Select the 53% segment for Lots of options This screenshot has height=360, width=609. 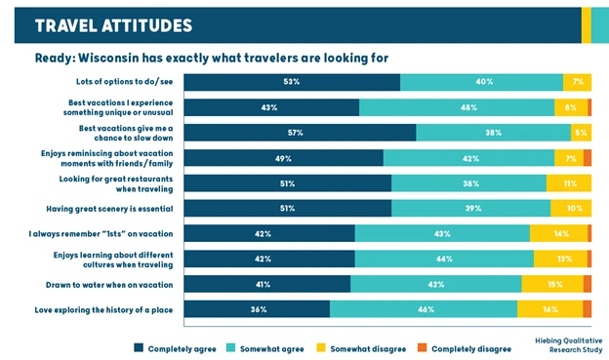pyautogui.click(x=292, y=82)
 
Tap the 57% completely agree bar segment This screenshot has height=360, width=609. pyautogui.click(x=300, y=132)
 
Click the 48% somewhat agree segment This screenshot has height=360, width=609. pyautogui.click(x=456, y=107)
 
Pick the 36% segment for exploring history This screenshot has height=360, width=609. pyautogui.click(x=257, y=309)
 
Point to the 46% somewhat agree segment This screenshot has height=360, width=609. pyautogui.click(x=424, y=309)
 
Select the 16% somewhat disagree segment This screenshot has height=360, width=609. pyautogui.click(x=549, y=309)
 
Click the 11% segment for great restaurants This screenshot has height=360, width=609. pyautogui.click(x=569, y=182)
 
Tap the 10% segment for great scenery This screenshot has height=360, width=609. pyautogui.click(x=571, y=208)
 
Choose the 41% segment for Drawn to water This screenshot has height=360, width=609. pyautogui.click(x=267, y=284)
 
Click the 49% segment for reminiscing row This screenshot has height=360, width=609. pyautogui.click(x=284, y=157)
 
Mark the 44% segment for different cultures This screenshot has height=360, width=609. pyautogui.click(x=444, y=259)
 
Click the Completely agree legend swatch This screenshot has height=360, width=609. pyautogui.click(x=139, y=347)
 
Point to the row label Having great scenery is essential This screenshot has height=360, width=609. pyautogui.click(x=109, y=208)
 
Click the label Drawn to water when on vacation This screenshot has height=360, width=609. pyautogui.click(x=109, y=284)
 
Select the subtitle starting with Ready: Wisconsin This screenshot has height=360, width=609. pyautogui.click(x=212, y=58)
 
